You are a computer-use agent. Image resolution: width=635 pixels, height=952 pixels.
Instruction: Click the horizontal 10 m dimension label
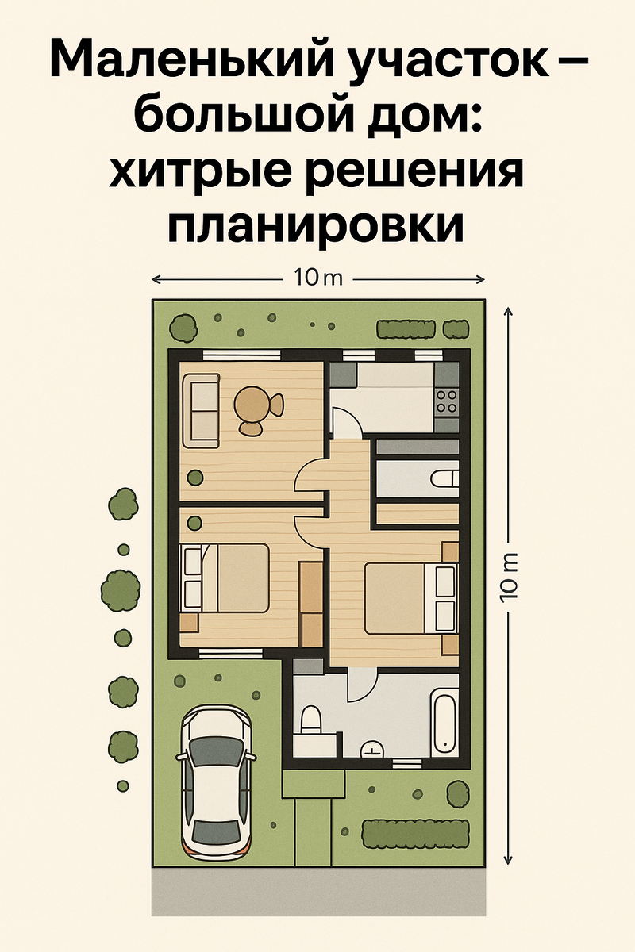click(x=318, y=278)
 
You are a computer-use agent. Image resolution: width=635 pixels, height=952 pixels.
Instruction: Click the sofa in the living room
click(x=201, y=410)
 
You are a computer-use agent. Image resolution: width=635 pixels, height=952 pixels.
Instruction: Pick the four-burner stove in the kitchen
click(x=447, y=401)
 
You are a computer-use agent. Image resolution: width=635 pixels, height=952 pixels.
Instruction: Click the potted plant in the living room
click(x=195, y=477)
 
